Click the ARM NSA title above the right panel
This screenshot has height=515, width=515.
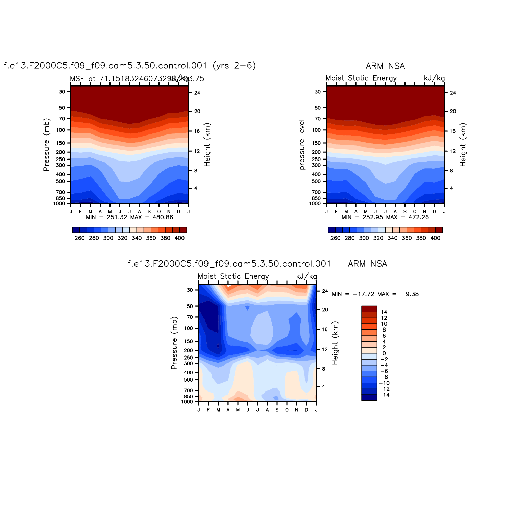[x=385, y=66]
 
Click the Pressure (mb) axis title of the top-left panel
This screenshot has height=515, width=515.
[x=46, y=145]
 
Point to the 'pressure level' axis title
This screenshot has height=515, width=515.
[x=302, y=145]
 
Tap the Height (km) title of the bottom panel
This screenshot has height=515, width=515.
[x=335, y=343]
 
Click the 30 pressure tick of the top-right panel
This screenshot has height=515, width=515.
[x=318, y=92]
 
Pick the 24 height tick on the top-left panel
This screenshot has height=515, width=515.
[x=197, y=93]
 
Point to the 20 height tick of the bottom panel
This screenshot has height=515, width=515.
[x=325, y=310]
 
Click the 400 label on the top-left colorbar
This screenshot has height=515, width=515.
[x=179, y=238]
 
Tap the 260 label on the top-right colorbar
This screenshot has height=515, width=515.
[x=335, y=238]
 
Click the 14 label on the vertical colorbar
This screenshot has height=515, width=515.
[x=384, y=312]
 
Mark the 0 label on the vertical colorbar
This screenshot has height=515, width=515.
[x=384, y=353]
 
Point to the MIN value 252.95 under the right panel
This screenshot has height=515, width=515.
[x=373, y=217]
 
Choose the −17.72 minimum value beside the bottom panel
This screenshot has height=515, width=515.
[x=364, y=294]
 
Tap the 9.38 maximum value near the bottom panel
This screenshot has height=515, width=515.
[x=412, y=294]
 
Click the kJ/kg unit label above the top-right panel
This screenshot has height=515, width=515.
[x=434, y=78]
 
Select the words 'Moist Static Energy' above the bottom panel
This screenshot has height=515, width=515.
[x=233, y=276]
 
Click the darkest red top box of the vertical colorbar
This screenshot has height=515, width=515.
[x=369, y=309]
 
